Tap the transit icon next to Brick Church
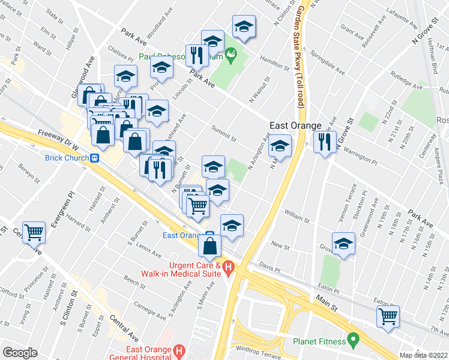point(94,158)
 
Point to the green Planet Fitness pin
point(353,341)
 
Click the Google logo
point(20,353)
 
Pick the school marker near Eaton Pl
point(343,243)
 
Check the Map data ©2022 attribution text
point(424,355)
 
